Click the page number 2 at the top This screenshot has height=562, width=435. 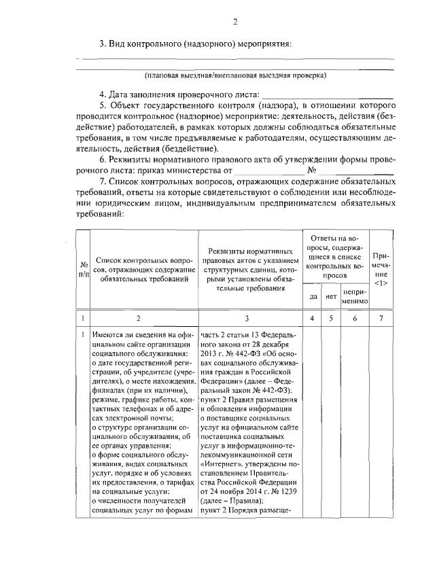pos(235,22)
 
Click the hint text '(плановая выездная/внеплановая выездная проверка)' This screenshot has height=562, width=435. pos(235,75)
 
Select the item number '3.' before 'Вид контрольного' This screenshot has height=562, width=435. pos(104,44)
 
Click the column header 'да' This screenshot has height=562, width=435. pos(313,296)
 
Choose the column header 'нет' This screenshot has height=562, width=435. pos(331,296)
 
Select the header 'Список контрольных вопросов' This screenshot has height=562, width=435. pos(139,270)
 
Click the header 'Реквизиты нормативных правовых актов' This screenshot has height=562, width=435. pos(247,270)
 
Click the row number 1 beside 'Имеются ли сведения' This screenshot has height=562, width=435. pos(82,334)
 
